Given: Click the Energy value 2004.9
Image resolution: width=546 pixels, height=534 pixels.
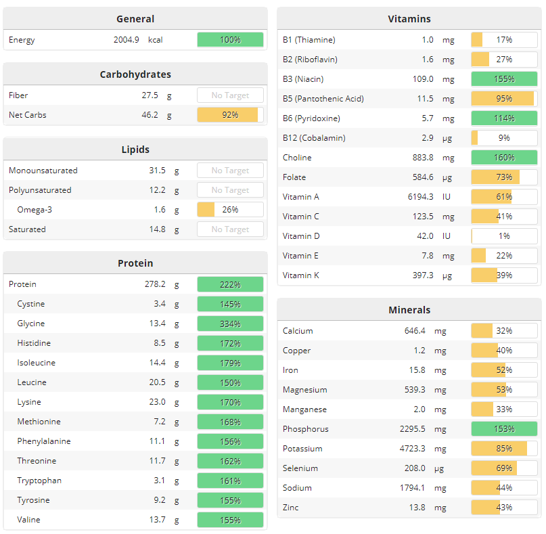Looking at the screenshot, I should tap(127, 40).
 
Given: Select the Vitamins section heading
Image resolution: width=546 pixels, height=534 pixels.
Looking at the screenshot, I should tap(409, 19).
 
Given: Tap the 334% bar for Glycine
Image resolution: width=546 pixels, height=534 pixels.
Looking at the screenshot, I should tap(230, 324).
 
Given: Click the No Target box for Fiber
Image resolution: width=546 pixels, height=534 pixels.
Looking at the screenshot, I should tap(230, 95).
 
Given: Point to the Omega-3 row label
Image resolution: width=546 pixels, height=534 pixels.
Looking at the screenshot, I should tap(35, 210).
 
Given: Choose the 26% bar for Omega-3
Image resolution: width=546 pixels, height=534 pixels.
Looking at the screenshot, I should tap(230, 210).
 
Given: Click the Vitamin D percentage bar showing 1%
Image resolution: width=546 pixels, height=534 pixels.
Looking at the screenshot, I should tap(504, 236).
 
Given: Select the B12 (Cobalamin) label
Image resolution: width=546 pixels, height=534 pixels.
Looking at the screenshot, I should tap(314, 138).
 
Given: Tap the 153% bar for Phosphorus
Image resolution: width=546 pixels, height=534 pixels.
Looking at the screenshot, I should tap(504, 429).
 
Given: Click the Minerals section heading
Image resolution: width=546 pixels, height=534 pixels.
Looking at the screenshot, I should tap(409, 310).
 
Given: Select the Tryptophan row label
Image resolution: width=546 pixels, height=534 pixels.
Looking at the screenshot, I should tap(39, 481).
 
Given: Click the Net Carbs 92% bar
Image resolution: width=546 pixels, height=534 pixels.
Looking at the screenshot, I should tap(230, 115).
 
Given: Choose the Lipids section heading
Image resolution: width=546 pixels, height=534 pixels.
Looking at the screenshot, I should tap(135, 150).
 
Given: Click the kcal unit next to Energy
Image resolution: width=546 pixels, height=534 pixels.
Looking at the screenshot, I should tap(156, 40).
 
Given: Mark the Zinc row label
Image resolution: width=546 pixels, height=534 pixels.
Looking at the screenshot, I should tap(290, 508).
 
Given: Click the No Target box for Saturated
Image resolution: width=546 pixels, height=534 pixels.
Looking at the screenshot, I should tap(230, 229).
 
